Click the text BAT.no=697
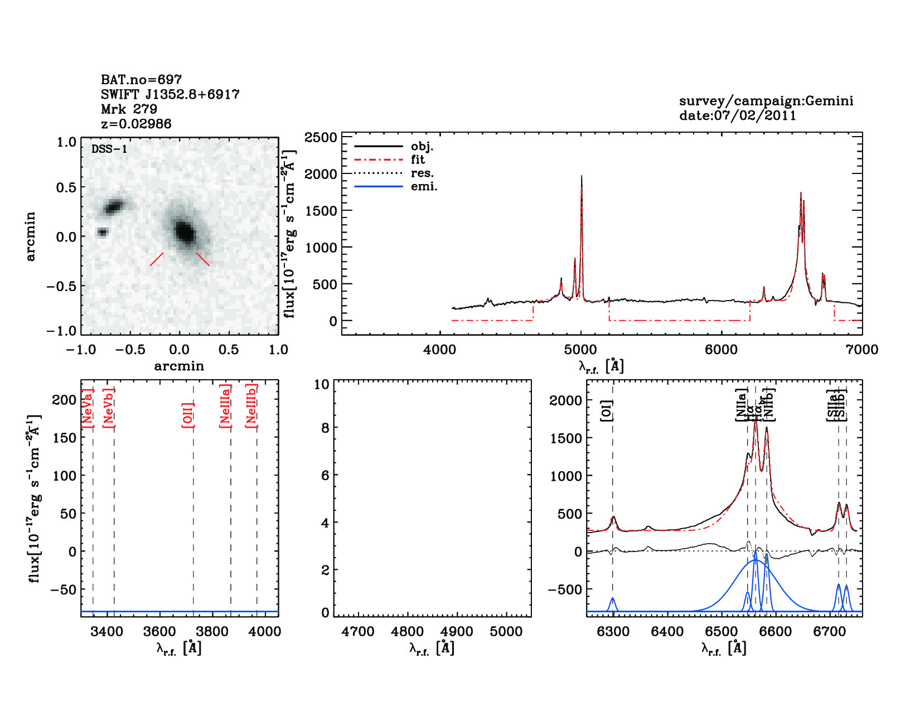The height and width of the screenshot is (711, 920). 141,80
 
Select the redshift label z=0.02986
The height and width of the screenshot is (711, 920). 136,124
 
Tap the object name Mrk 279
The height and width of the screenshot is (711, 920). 129,109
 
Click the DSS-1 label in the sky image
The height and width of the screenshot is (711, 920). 109,149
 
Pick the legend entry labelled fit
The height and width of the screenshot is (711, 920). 418,159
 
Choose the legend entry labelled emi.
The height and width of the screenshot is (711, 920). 424,186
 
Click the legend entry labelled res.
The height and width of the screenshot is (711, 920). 422,173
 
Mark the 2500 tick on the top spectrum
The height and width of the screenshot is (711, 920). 321,137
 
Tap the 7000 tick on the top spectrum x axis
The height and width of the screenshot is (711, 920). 862,350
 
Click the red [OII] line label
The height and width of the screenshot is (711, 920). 188,414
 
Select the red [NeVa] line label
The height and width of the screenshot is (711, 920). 88,408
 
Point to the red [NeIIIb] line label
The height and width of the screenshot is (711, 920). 251,405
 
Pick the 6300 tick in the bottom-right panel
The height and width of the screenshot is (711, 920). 613,632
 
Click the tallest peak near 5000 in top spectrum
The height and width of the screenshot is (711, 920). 582,176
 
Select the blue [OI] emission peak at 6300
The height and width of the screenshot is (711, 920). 613,599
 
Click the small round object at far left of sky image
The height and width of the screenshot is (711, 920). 102,232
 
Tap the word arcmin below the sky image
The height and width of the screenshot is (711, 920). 179,366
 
